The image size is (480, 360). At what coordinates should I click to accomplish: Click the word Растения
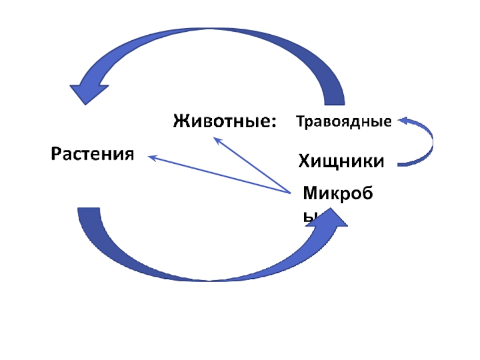click(91, 154)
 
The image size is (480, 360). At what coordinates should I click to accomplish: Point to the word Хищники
click(341, 161)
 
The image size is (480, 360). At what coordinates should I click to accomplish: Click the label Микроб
click(338, 193)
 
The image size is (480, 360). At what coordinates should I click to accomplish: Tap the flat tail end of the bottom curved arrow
click(89, 210)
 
